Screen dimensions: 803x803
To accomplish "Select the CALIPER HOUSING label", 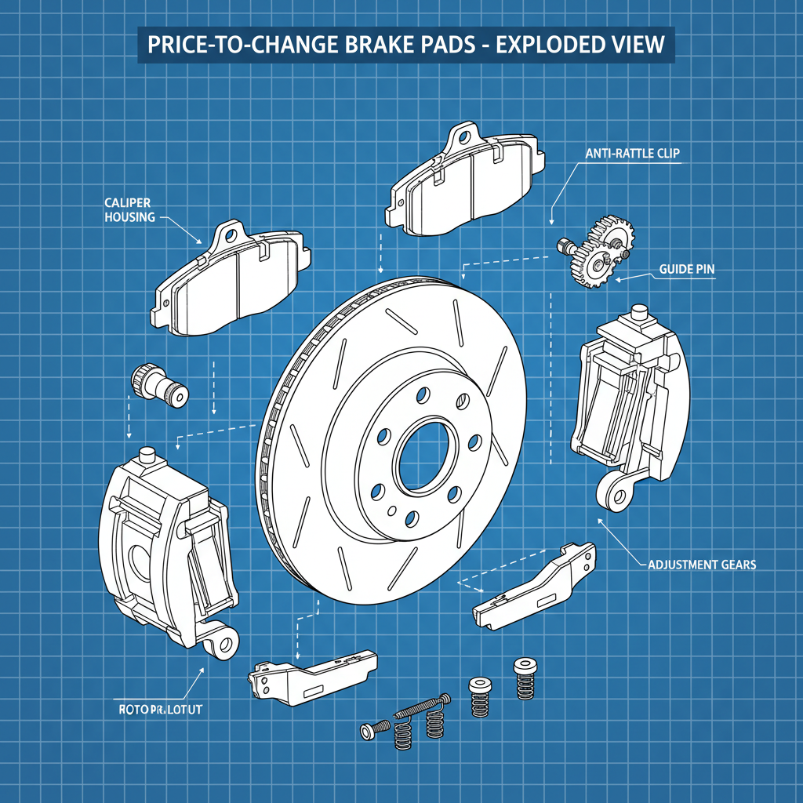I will pos(129,209).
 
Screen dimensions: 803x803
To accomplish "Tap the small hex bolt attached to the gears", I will pos(562,245).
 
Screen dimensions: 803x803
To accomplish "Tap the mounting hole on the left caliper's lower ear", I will pos(226,645).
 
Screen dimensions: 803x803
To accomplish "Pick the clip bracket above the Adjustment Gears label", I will pos(536,585).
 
